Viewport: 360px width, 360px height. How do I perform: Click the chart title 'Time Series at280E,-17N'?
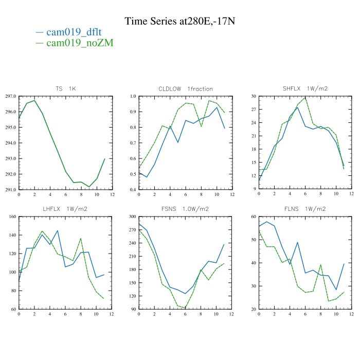(x=179, y=21)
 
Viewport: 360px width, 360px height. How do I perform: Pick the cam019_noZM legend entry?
(x=80, y=43)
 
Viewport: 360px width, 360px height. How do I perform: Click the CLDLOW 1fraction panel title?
(x=186, y=89)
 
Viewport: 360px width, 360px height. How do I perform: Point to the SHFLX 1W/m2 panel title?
(x=305, y=89)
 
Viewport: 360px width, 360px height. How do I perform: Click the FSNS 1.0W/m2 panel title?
(x=185, y=209)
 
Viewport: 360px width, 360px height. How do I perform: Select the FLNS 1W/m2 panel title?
(x=305, y=209)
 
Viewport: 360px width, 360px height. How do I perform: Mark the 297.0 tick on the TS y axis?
(x=10, y=96)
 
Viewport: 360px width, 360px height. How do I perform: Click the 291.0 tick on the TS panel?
(x=10, y=190)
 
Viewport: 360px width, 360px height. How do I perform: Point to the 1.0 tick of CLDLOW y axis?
(x=133, y=96)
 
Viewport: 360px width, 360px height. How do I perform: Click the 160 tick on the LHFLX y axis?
(x=11, y=217)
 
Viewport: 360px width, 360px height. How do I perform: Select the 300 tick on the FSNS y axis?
(x=132, y=217)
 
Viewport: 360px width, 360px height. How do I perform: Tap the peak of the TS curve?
(x=34, y=100)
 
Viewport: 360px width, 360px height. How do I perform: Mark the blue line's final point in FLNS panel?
(x=344, y=264)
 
